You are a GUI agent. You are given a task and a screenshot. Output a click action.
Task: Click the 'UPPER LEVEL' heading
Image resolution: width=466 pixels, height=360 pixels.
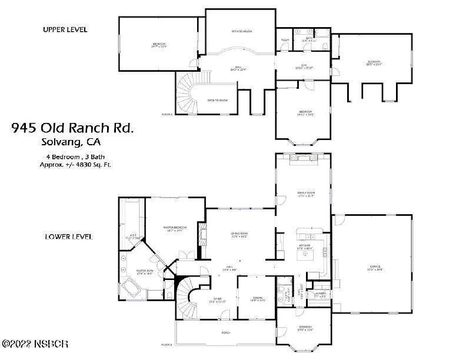65,29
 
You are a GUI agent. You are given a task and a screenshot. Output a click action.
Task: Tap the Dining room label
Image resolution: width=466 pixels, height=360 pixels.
255,298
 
